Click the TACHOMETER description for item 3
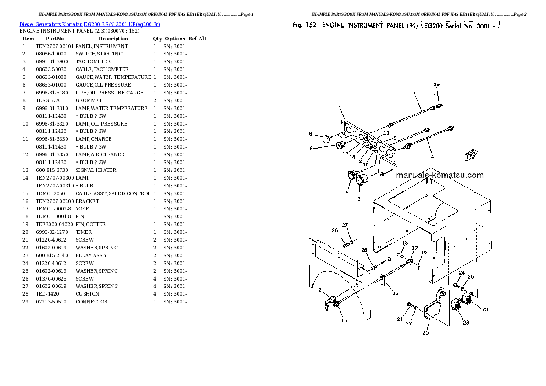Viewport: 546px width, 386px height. [x=93, y=62]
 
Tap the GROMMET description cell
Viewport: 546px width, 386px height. [x=89, y=100]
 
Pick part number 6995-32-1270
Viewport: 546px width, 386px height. [x=52, y=232]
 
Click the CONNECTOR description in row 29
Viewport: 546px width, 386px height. [x=92, y=302]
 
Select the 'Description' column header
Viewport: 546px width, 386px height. [x=113, y=39]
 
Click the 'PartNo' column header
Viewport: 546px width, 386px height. [x=55, y=39]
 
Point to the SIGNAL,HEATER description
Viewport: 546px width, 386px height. [x=96, y=170]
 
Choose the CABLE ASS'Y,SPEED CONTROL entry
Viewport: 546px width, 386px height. [x=113, y=193]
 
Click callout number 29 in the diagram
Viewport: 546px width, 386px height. [x=436, y=84]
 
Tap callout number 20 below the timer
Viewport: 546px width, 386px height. [x=425, y=333]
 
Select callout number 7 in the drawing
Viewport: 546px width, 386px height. [x=414, y=93]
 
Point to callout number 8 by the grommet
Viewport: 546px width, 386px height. [x=310, y=134]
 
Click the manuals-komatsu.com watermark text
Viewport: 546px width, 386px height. [x=439, y=175]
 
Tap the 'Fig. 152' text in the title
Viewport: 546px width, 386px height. [x=304, y=26]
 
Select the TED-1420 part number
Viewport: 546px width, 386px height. [x=48, y=294]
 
